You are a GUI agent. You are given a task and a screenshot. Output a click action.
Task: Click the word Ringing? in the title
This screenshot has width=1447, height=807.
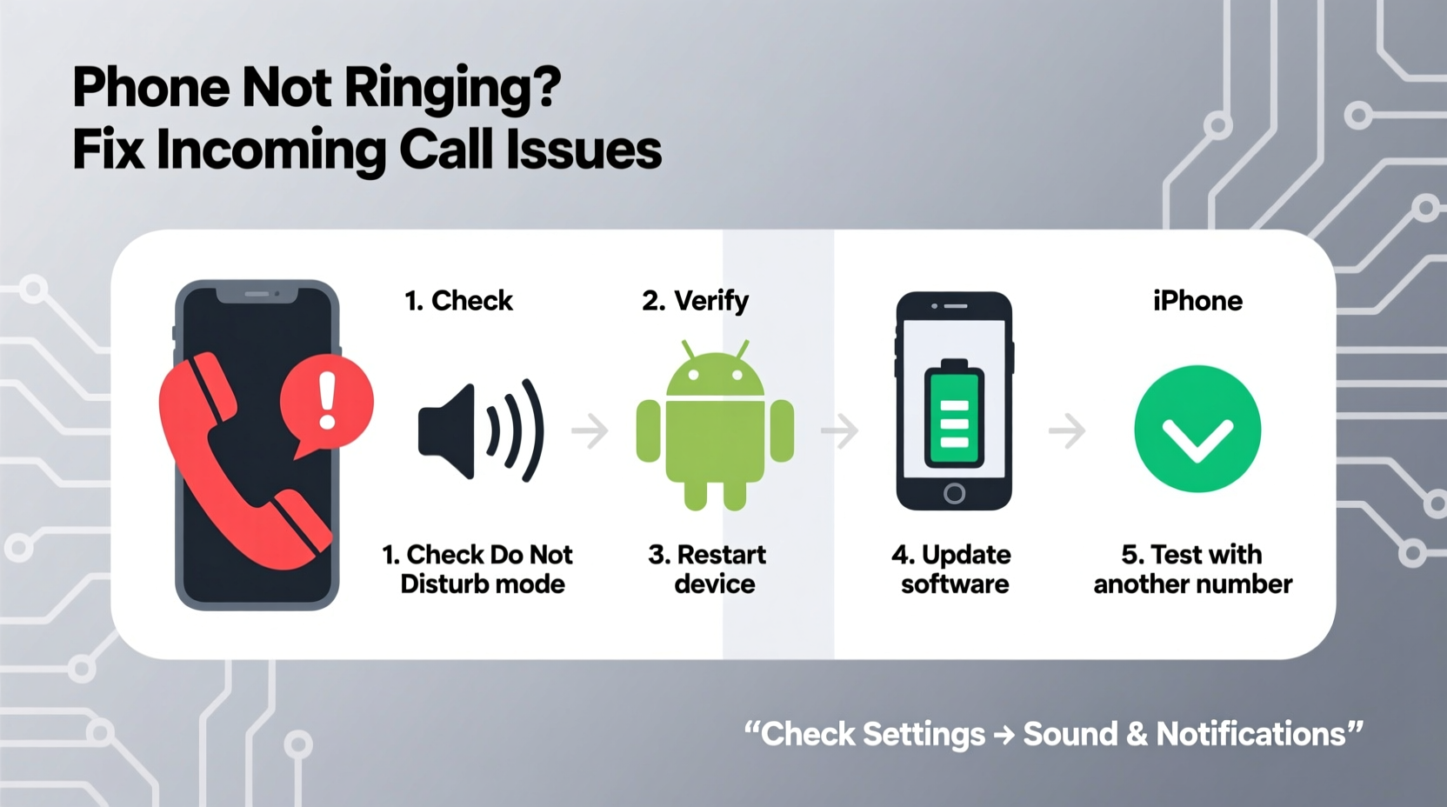[452, 89]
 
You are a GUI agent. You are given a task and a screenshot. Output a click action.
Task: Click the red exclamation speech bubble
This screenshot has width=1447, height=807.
[327, 403]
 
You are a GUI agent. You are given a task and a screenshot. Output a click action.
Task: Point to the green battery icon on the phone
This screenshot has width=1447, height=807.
[954, 416]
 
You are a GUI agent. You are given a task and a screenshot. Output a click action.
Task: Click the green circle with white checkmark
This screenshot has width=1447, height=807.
[1197, 430]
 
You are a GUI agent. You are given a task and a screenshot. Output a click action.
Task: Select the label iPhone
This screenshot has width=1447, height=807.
[1197, 301]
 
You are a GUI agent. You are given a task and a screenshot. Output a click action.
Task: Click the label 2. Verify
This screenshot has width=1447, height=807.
[695, 301]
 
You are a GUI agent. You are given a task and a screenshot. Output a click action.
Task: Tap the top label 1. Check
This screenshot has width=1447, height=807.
[458, 301]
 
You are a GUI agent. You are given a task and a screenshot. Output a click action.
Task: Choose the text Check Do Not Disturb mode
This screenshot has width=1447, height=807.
[478, 569]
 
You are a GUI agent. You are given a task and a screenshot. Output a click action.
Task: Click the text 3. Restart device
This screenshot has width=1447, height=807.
[708, 569]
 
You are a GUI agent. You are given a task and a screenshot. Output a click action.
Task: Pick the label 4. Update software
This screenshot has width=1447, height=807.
[952, 569]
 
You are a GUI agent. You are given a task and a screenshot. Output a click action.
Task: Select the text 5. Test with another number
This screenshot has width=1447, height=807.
[1192, 569]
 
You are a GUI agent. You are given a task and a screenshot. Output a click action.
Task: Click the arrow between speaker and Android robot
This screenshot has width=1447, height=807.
[590, 430]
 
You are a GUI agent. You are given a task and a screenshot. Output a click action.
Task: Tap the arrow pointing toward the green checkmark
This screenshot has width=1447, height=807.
[1067, 430]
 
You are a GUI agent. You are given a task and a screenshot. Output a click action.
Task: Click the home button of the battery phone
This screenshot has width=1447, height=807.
[954, 494]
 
